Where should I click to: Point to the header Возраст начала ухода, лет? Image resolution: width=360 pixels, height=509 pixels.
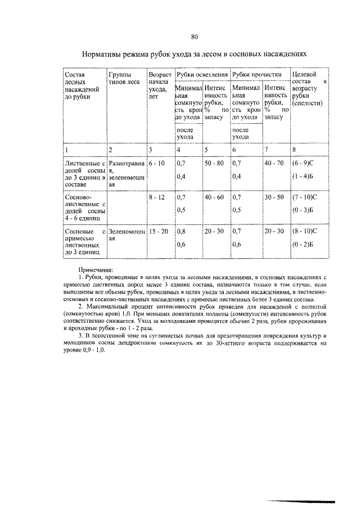pyautogui.click(x=158, y=85)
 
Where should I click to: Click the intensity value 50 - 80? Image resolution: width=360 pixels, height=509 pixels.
pyautogui.click(x=214, y=163)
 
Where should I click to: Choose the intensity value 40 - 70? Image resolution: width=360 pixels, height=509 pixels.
pyautogui.click(x=274, y=163)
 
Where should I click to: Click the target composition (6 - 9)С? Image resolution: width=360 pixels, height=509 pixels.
pyautogui.click(x=305, y=163)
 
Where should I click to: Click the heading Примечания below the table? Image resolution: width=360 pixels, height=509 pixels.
pyautogui.click(x=95, y=271)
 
